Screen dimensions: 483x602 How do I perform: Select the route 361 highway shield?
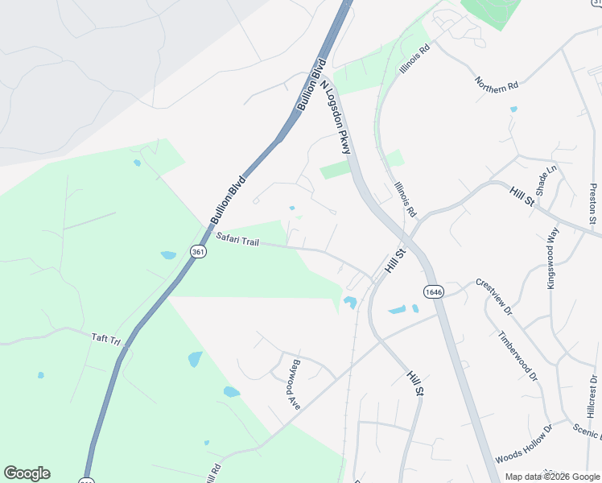[x=197, y=252]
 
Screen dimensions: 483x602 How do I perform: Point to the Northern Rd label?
[x=496, y=85]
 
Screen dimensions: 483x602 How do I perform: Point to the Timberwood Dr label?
[x=516, y=356]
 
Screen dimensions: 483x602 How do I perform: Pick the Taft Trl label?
[x=105, y=340]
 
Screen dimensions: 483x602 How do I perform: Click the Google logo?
[x=27, y=473]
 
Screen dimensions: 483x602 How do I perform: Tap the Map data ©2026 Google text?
[x=551, y=477]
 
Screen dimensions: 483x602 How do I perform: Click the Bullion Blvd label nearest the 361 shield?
[x=227, y=200]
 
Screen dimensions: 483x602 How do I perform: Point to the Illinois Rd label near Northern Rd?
[x=416, y=58]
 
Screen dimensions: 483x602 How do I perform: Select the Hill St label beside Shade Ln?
[x=522, y=196]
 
